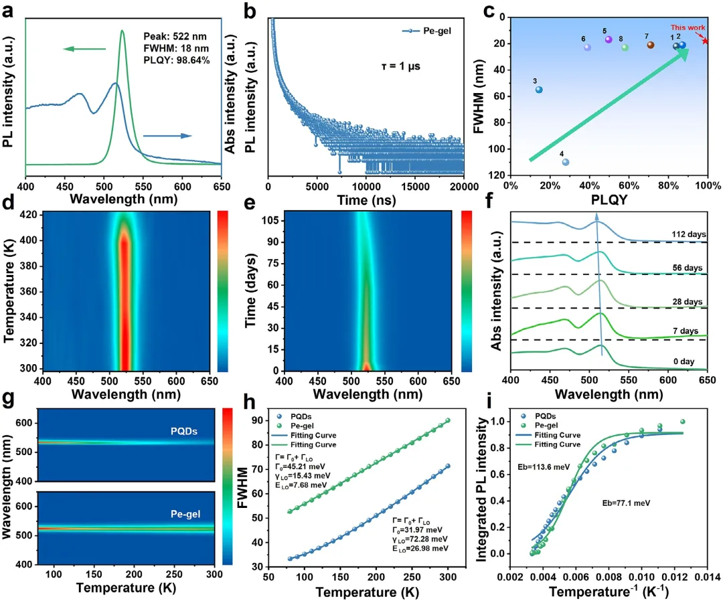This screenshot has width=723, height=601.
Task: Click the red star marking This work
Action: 705,41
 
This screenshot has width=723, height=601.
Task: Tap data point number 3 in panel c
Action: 539,90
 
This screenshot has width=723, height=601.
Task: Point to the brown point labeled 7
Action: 650,45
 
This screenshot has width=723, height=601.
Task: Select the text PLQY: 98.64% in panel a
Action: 177,60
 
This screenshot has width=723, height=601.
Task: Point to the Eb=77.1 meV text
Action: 614,501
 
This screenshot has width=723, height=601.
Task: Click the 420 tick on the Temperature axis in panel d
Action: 31,215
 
